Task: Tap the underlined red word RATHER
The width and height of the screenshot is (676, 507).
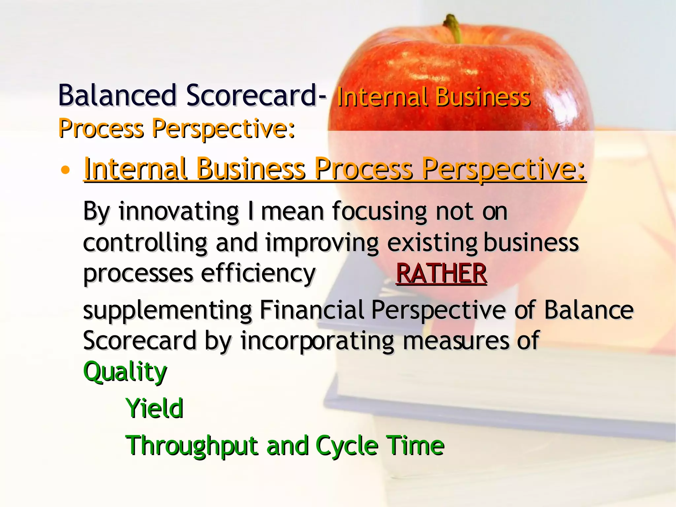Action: (441, 273)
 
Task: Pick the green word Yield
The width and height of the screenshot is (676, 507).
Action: (154, 408)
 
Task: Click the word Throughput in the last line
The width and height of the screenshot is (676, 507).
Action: (191, 446)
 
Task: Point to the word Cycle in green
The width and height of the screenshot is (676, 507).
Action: (347, 446)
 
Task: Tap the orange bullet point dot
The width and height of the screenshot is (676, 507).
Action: (66, 170)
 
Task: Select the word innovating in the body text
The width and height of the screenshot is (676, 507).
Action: (179, 211)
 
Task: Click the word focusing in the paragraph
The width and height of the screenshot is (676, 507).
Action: (380, 211)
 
